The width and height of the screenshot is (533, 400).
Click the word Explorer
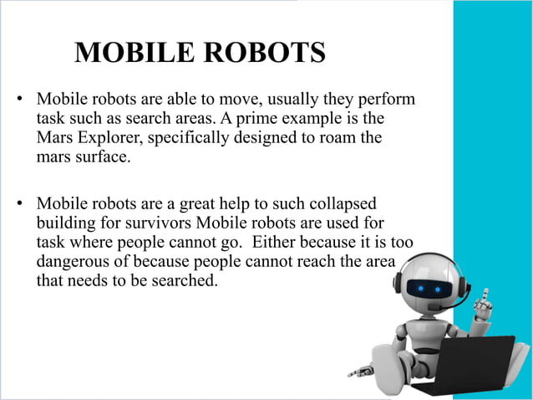tap(109, 136)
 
